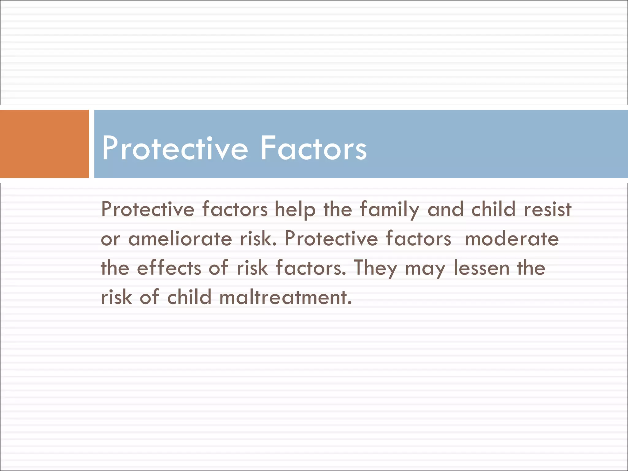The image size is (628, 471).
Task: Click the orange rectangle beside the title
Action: click(44, 144)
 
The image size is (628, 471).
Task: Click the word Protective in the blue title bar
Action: click(174, 148)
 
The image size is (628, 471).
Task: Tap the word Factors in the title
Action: click(313, 148)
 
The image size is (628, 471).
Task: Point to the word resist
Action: click(548, 210)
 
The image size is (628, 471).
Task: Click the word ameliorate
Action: click(180, 239)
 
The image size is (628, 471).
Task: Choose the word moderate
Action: click(512, 239)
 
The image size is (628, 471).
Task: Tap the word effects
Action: click(169, 268)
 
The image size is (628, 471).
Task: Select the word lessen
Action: click(481, 268)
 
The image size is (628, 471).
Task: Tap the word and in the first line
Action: click(445, 210)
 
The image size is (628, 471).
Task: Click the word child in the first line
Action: click(493, 210)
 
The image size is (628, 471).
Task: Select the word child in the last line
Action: click(189, 297)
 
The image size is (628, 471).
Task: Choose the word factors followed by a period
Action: click(310, 268)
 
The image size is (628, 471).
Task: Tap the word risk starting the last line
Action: click(117, 297)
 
